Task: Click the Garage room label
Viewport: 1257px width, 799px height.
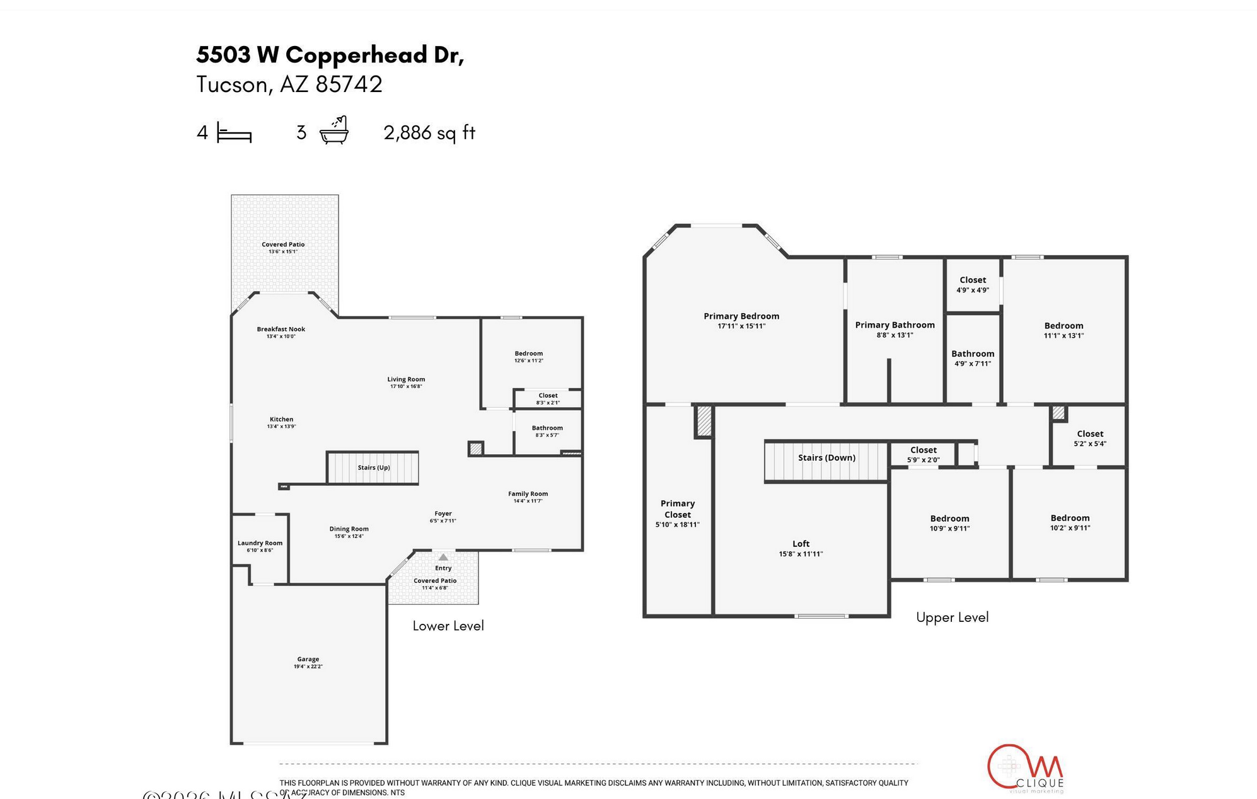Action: (x=308, y=659)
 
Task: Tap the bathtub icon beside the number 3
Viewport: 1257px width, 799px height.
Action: (x=334, y=130)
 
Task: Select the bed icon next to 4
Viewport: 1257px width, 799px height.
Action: (x=234, y=133)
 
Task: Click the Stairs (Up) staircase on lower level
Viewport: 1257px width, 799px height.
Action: (x=373, y=468)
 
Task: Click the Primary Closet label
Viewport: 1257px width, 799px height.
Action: (x=677, y=509)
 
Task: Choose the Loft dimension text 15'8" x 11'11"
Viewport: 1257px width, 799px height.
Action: (x=801, y=555)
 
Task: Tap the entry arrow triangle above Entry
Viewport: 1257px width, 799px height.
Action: (x=443, y=557)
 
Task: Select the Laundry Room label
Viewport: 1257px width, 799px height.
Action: (x=260, y=543)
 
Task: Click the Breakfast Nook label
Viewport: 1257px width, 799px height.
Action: (x=281, y=329)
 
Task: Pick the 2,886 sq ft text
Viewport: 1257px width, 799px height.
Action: (x=429, y=133)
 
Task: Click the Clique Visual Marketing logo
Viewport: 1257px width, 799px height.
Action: (x=1025, y=768)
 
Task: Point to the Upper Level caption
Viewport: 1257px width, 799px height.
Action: (x=952, y=618)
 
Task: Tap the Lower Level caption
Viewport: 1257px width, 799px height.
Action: (x=448, y=626)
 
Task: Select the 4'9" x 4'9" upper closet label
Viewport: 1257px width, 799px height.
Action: (x=973, y=290)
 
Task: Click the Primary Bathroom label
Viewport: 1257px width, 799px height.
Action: (x=895, y=325)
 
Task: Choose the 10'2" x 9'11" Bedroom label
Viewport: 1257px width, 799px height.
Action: (x=1070, y=522)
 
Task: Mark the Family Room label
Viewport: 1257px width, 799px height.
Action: (x=528, y=494)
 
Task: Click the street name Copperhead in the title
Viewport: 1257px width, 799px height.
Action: (x=356, y=55)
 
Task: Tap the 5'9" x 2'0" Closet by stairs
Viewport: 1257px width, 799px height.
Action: (x=923, y=454)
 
